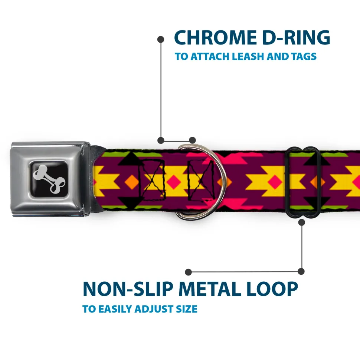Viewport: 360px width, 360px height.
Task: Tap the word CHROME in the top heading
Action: (x=215, y=38)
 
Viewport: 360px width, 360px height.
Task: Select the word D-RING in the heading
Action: (x=296, y=38)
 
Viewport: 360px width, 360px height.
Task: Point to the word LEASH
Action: (x=248, y=56)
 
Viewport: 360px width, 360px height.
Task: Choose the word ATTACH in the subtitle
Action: (x=210, y=56)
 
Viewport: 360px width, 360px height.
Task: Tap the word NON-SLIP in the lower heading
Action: (x=128, y=289)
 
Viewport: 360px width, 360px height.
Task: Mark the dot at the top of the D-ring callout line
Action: (x=161, y=39)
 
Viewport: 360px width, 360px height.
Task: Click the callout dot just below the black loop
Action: (x=301, y=222)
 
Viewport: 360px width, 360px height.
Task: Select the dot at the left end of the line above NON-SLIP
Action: (x=188, y=272)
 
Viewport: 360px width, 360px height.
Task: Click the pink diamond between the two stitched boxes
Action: (x=174, y=182)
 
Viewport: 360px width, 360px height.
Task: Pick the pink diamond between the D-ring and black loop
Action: (x=275, y=182)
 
